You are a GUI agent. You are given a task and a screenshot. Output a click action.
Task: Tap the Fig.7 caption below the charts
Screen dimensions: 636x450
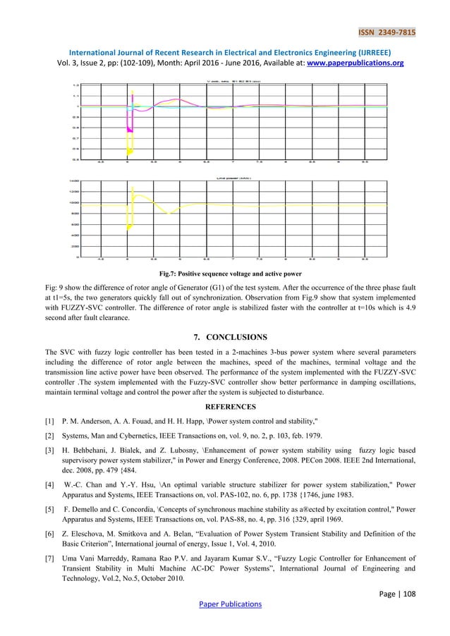225,273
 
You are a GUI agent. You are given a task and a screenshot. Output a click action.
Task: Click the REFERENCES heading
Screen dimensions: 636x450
225,407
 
